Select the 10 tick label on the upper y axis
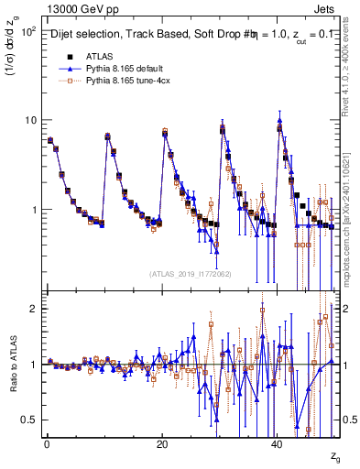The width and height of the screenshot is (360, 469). coord(29,121)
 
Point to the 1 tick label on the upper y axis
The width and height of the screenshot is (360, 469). coord(33,210)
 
